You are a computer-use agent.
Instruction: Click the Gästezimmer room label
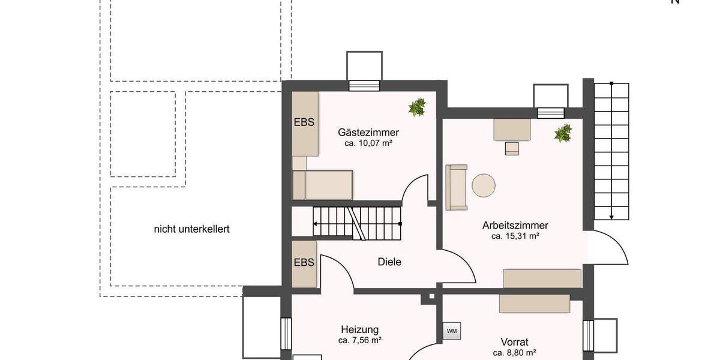point(368,132)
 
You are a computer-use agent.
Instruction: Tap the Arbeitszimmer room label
point(515,226)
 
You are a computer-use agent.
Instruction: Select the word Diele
point(389,262)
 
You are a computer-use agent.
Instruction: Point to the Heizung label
point(359,329)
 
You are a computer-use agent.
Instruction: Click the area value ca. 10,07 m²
point(368,143)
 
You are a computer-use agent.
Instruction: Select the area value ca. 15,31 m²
point(515,236)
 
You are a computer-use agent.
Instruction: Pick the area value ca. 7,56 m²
point(359,340)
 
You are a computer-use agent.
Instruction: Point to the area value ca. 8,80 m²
point(514,353)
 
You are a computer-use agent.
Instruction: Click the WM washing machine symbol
point(451,331)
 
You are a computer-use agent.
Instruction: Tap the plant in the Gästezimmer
point(417,107)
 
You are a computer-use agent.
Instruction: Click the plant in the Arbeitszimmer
point(563,133)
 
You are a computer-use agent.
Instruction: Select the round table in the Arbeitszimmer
point(484,185)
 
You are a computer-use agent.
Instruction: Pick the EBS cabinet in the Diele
point(304,263)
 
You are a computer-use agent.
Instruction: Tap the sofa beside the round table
point(457,187)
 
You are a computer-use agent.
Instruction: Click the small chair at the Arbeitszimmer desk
point(511,148)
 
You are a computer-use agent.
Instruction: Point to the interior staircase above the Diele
point(356,222)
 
